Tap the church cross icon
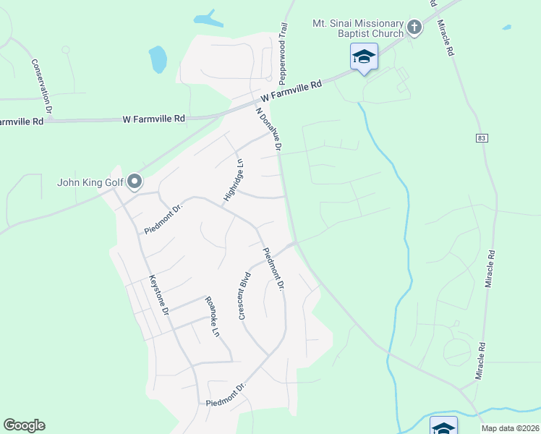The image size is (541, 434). click(414, 28)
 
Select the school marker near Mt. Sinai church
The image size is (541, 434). click(364, 56)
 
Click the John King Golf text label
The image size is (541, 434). click(90, 182)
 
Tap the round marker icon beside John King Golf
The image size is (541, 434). click(135, 182)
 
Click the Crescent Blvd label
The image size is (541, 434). click(244, 296)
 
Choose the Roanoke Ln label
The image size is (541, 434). click(210, 317)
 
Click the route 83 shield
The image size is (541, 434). click(482, 137)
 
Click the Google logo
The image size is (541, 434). click(24, 425)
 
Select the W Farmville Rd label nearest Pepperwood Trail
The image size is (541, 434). click(291, 90)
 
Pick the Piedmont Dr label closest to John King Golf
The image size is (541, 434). click(164, 215)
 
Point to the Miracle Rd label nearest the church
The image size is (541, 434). click(445, 38)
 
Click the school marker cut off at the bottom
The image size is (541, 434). click(443, 427)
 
